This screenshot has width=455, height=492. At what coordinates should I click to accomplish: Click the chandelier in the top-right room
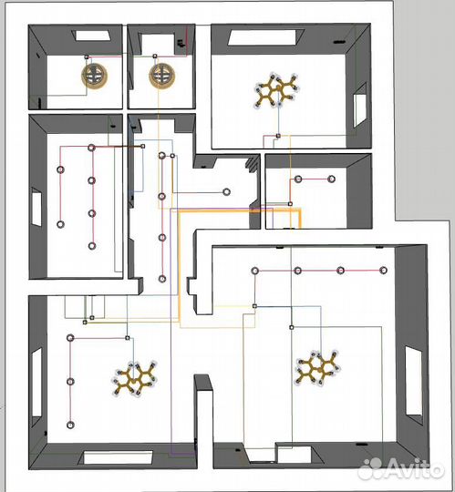pyautogui.click(x=276, y=90)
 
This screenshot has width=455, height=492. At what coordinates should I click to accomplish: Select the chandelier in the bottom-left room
pyautogui.click(x=134, y=379)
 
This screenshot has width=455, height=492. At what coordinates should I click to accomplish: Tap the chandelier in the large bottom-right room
pyautogui.click(x=318, y=368)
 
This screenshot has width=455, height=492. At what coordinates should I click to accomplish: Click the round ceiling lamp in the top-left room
pyautogui.click(x=94, y=76)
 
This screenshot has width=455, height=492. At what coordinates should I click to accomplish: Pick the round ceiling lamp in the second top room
pyautogui.click(x=162, y=76)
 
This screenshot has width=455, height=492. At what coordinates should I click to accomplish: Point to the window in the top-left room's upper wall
pyautogui.click(x=93, y=36)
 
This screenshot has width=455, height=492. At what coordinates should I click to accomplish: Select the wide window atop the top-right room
pyautogui.click(x=266, y=37)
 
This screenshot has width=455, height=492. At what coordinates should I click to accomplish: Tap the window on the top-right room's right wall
pyautogui.click(x=360, y=105)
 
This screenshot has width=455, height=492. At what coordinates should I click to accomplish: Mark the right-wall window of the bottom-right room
pyautogui.click(x=414, y=381)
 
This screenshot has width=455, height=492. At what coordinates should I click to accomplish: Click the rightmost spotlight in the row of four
pyautogui.click(x=383, y=271)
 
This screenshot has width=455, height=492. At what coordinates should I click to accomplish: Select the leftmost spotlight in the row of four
pyautogui.click(x=255, y=271)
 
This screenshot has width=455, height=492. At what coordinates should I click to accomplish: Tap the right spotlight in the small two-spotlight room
pyautogui.click(x=331, y=179)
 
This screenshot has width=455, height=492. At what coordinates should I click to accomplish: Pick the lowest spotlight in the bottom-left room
pyautogui.click(x=70, y=425)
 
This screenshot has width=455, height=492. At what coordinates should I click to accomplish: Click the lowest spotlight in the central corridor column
pyautogui.click(x=162, y=279)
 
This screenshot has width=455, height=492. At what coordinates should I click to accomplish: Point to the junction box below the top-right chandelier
pyautogui.click(x=278, y=136)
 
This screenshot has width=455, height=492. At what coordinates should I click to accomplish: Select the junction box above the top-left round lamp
pyautogui.click(x=87, y=56)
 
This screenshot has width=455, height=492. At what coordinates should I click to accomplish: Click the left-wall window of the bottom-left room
pyautogui.click(x=36, y=383)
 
